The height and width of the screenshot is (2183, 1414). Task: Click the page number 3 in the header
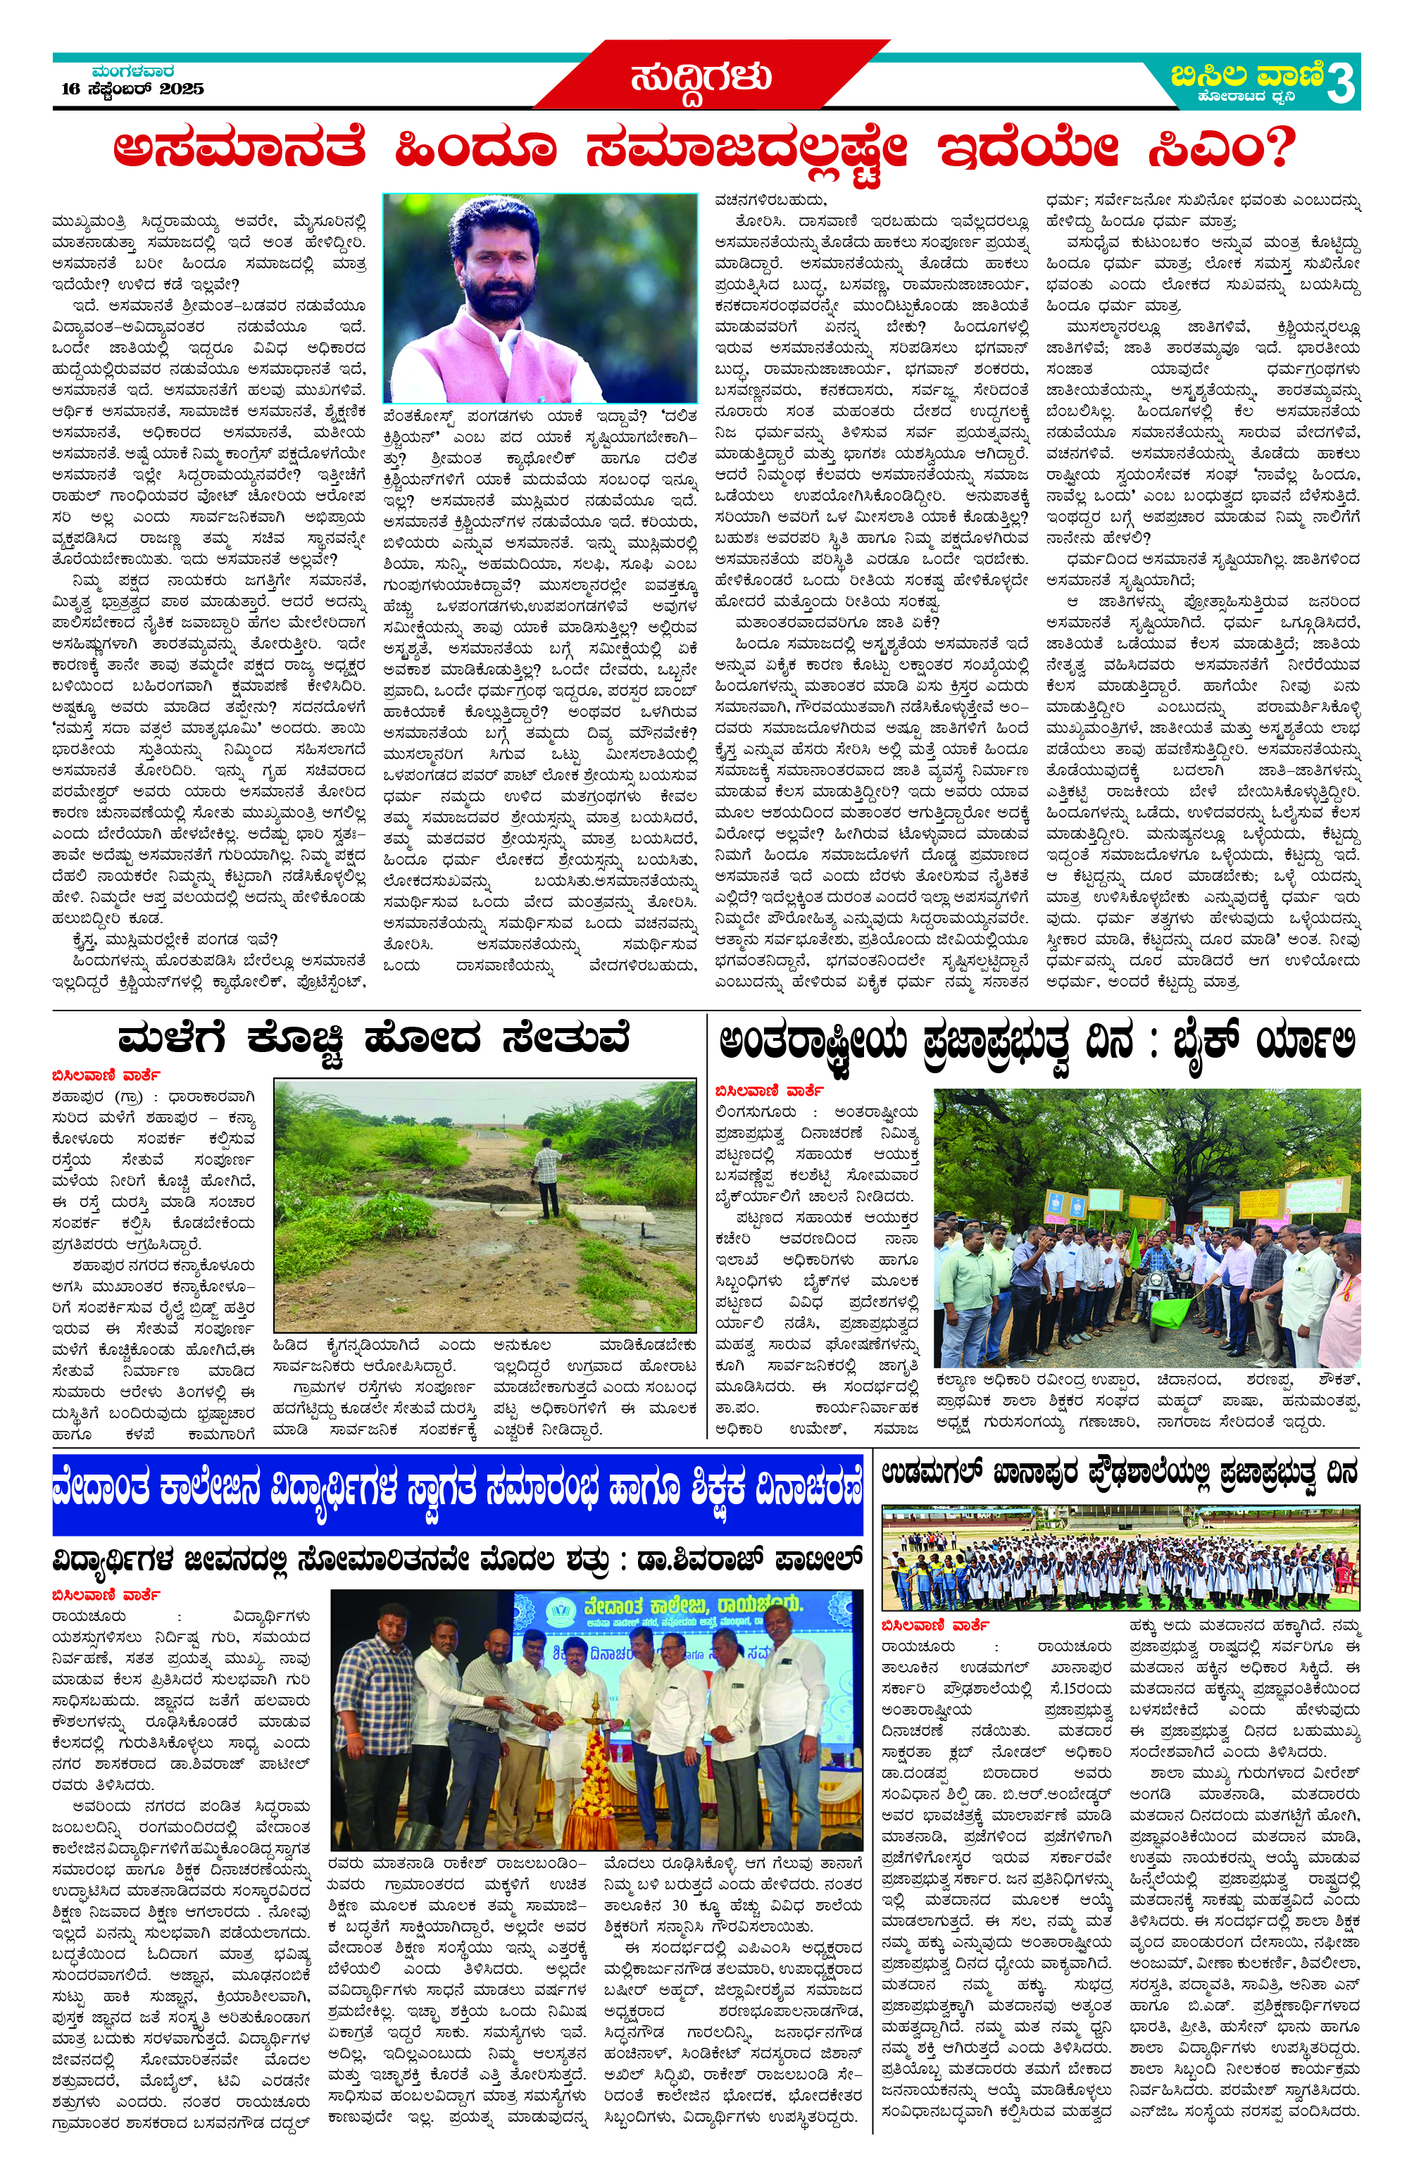pyautogui.click(x=1341, y=85)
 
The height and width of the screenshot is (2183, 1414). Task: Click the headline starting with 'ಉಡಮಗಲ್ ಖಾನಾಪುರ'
pyautogui.click(x=1118, y=1474)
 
